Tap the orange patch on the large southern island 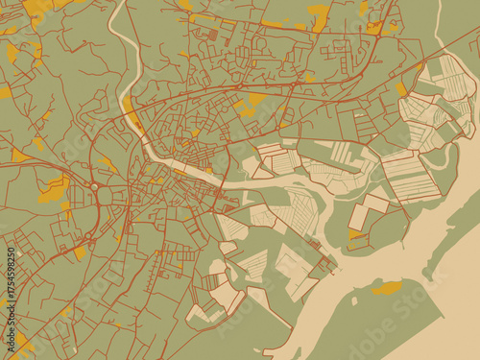[387, 287]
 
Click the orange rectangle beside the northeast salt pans [401, 90]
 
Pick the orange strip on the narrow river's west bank [128, 104]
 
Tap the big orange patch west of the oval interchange [53, 188]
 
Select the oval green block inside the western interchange [105, 195]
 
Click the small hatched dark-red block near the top [212, 35]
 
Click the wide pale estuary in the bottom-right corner [451, 326]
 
